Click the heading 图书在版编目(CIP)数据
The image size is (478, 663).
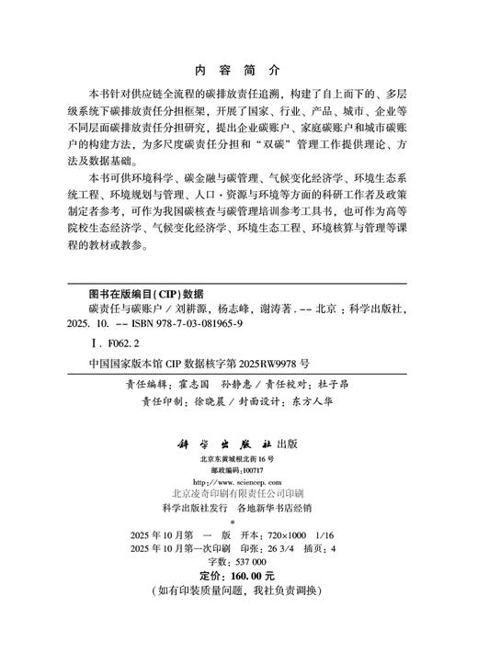139,295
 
